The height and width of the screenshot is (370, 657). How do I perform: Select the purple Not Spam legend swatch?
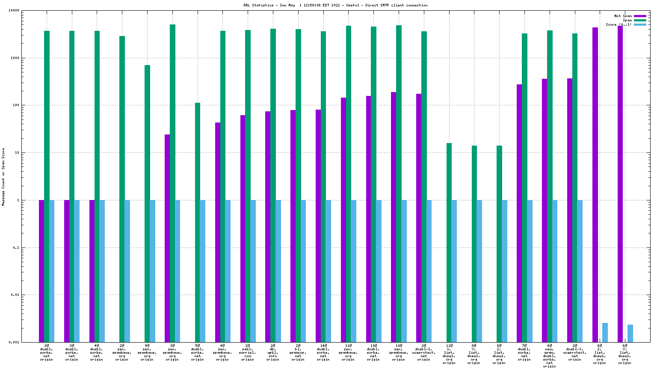pyautogui.click(x=640, y=16)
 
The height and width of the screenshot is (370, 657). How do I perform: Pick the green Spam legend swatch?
pyautogui.click(x=640, y=20)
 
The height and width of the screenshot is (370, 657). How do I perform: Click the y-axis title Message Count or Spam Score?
pyautogui.click(x=3, y=177)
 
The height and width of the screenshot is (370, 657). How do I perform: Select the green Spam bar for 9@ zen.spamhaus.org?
pyautogui.click(x=147, y=203)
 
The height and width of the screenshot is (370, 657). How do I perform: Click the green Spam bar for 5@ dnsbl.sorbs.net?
pyautogui.click(x=198, y=222)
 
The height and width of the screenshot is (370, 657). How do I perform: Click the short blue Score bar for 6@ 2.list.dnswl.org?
pyautogui.click(x=605, y=332)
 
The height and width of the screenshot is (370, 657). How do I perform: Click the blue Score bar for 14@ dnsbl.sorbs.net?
pyautogui.click(x=328, y=271)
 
